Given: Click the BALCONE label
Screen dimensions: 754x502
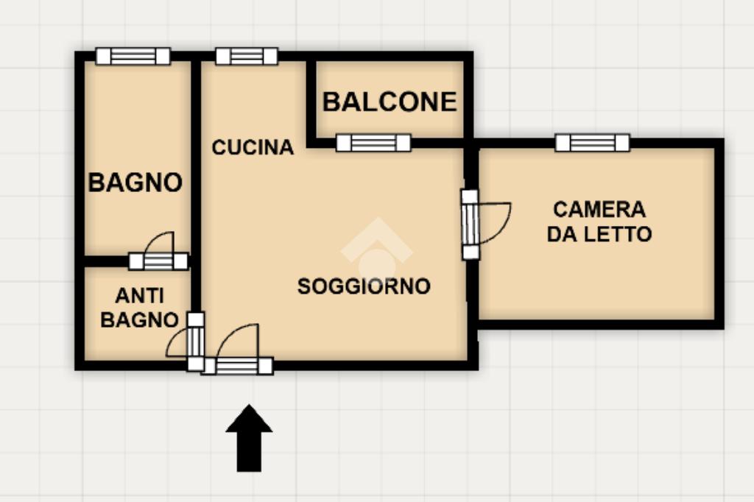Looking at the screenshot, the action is point(390,102).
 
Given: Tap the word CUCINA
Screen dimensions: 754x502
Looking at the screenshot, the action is point(253,147).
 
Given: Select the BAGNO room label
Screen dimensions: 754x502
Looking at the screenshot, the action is point(135,182).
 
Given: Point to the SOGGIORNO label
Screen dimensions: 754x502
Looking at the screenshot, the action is point(364,286).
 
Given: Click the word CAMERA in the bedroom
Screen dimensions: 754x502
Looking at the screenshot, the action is point(599,210).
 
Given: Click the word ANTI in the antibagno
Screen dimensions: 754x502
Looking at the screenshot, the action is point(139,296).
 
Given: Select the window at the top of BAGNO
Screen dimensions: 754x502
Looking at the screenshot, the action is point(133,56).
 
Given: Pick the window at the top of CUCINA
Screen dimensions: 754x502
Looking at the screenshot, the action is point(247,56).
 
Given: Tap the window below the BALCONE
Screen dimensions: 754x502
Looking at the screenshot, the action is point(373,143).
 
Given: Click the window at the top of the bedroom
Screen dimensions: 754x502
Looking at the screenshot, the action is point(592,143).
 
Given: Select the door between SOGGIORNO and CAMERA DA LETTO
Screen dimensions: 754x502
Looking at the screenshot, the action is point(470,225).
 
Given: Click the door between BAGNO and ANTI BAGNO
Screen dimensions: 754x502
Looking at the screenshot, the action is point(158,261).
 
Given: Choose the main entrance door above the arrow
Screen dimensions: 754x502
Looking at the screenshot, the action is point(238,366).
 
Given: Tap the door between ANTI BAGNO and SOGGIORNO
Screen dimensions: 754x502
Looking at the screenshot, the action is point(195,341).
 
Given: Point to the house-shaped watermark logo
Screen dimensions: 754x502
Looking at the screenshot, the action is point(376,250).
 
